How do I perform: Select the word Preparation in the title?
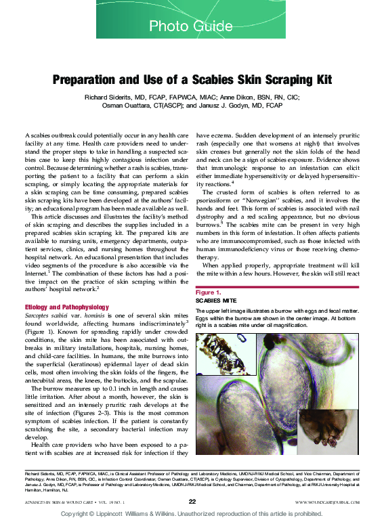[x=87, y=79]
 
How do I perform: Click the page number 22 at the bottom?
[x=192, y=501]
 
